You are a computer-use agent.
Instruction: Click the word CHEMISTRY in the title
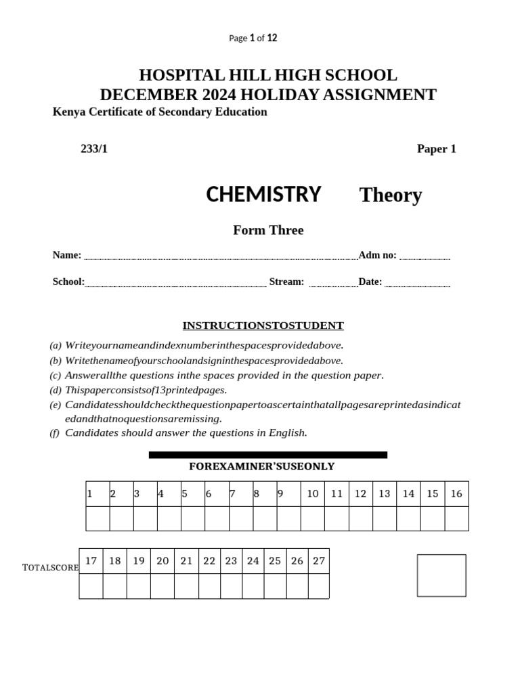(263, 194)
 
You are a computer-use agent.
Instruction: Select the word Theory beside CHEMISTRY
(391, 195)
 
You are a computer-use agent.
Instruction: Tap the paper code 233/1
(94, 149)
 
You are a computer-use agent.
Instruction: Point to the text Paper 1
(436, 149)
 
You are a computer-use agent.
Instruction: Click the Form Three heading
(268, 230)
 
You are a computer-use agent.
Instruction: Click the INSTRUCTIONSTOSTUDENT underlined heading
(263, 326)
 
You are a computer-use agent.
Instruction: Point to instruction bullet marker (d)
(56, 390)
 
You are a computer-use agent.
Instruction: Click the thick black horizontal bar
(268, 455)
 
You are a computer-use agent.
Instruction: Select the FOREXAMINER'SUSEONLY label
(261, 467)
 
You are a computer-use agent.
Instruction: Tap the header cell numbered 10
(313, 494)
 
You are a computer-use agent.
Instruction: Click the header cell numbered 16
(456, 494)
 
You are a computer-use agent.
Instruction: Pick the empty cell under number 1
(97, 518)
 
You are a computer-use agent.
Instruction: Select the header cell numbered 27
(318, 561)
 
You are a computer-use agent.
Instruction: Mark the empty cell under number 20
(162, 586)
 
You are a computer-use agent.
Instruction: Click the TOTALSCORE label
(51, 568)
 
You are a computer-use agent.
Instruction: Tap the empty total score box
(441, 575)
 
